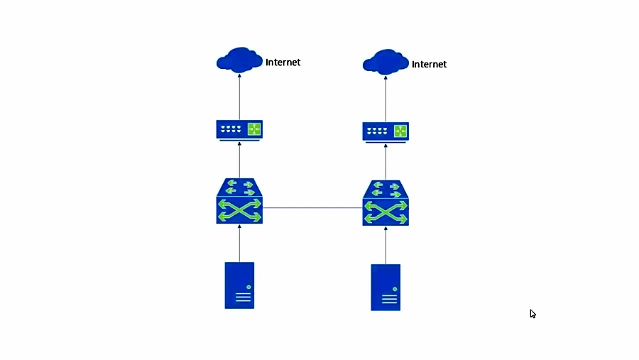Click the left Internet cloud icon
pos(239,60)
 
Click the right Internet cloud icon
pos(386,62)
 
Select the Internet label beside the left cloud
pos(283,62)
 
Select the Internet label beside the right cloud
pos(429,65)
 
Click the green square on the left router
pos(253,129)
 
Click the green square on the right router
pos(400,131)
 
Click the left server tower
pos(239,285)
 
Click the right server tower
pos(386,287)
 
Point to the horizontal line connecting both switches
pos(312,208)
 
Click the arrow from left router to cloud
pos(239,96)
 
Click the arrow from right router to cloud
pos(386,98)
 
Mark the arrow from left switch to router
pos(239,160)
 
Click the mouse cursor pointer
pos(532,314)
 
